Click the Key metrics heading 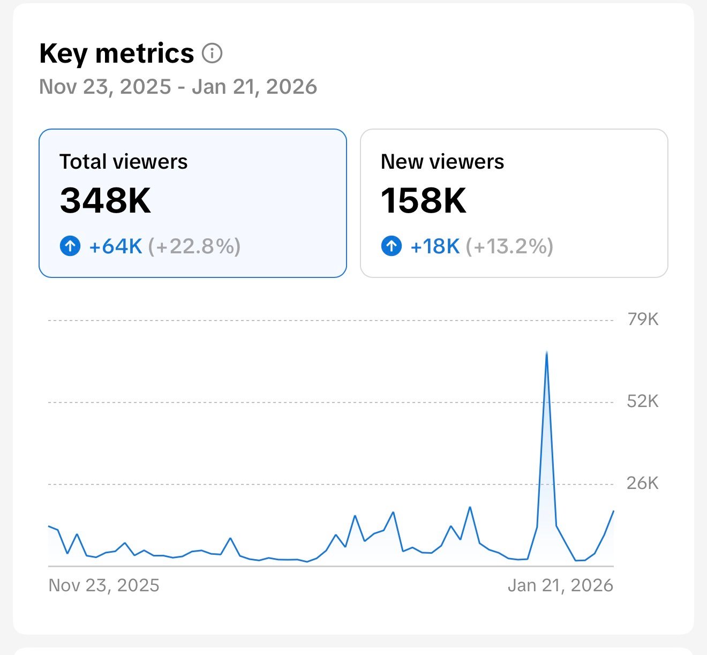coord(116,54)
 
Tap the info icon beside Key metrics coord(212,54)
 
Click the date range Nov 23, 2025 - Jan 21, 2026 coord(178,87)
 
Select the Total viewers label coord(123,162)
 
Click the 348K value coord(106,200)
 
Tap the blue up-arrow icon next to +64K coord(70,246)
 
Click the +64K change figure coord(115,246)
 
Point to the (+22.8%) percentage coord(194,246)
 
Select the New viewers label coord(442,162)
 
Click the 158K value coord(423,200)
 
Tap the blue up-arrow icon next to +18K coord(392,246)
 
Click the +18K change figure coord(435,246)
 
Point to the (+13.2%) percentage coord(509,246)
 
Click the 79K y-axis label coord(643,320)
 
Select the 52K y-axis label coord(643,402)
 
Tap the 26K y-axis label coord(643,484)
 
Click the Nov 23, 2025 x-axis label coord(104,585)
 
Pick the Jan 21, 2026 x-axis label coord(560,585)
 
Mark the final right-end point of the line coord(613,511)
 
